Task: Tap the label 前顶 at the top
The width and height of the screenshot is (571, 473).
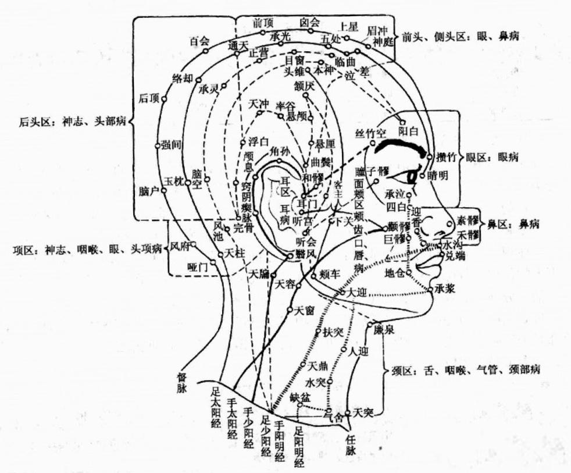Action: pos(263,22)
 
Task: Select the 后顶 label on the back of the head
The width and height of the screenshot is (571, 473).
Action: pos(149,98)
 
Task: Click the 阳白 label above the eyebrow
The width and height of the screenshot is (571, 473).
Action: pos(408,132)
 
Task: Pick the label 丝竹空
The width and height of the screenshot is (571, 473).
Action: pos(370,134)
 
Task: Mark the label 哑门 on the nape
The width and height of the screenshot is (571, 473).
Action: pos(198,267)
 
